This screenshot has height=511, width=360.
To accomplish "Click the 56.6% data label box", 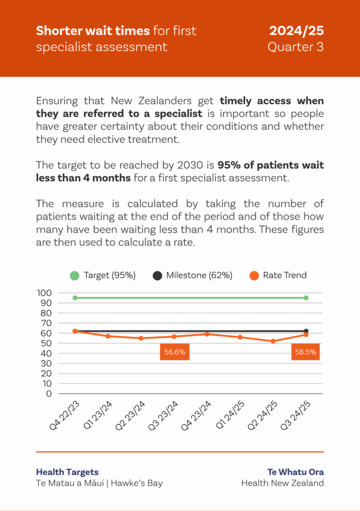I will point(175,351).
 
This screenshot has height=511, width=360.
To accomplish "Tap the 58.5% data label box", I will point(306,351).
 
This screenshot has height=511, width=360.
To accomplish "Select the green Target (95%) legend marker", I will point(75,275).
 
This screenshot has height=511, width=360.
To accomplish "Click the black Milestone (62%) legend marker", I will point(158,275).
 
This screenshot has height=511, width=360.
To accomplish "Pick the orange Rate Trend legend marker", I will point(254,275).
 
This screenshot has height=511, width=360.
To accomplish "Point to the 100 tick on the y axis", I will point(44,293).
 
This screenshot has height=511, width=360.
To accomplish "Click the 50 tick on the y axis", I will point(46,343).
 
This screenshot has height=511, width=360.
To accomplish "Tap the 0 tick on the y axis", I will point(48,393).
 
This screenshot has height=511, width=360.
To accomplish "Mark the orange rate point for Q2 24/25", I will point(273,341).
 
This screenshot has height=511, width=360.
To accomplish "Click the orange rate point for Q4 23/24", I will point(207,334).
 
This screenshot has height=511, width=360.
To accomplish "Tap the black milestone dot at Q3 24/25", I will point(306,331).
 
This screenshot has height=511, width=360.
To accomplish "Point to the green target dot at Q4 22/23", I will point(75,298).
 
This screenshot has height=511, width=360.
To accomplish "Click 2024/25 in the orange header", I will point(297,31).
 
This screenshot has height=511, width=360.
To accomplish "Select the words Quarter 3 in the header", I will point(296,47).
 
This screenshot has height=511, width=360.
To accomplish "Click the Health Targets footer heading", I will point(67,472).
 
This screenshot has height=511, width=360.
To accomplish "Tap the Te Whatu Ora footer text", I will point(296,472).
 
